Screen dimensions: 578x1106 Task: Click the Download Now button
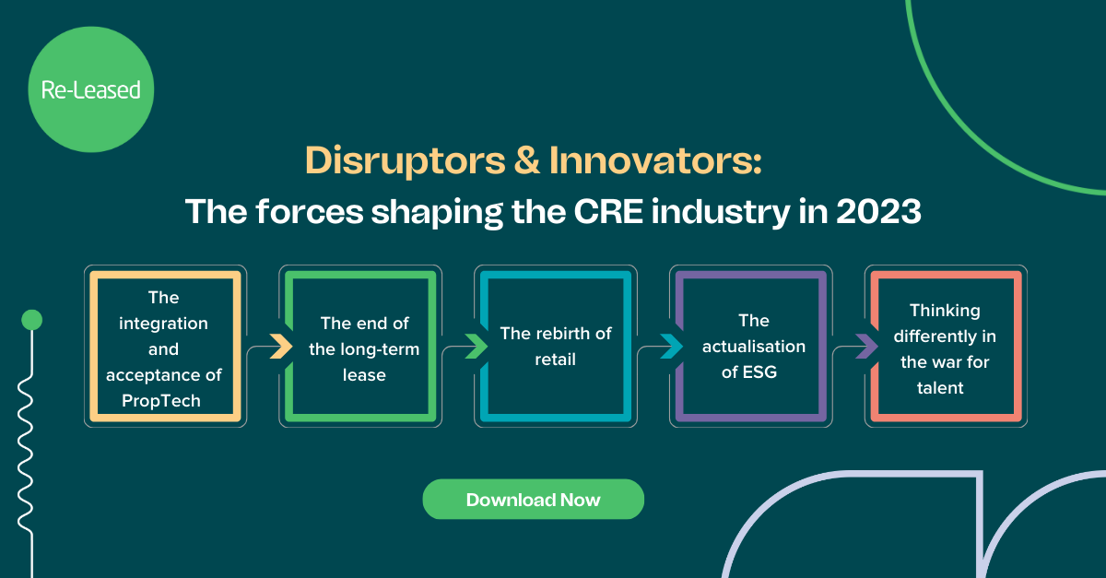tap(533, 500)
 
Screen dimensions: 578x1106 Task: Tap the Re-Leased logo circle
tap(90, 90)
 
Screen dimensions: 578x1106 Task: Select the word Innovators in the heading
tap(656, 161)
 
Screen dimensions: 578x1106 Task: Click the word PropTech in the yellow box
tap(162, 400)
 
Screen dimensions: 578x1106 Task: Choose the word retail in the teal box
tap(555, 360)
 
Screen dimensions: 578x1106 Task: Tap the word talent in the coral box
tap(940, 387)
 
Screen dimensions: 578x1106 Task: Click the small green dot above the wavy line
tap(31, 320)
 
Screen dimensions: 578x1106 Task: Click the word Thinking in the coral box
tap(945, 310)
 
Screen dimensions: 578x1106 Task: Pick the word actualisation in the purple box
tap(753, 347)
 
